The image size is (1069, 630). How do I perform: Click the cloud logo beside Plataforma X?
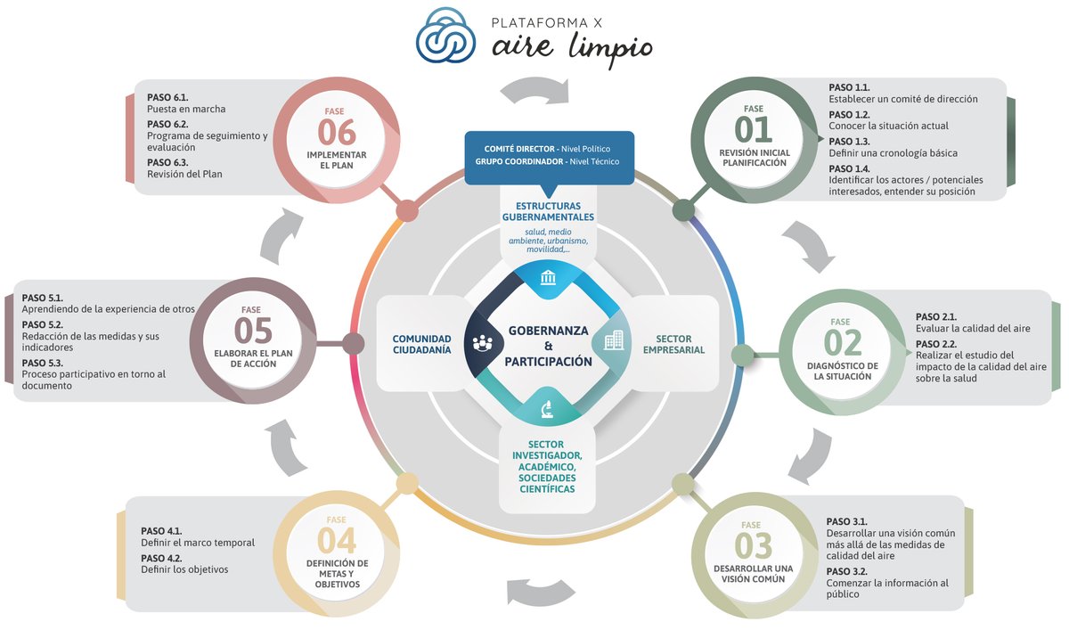pyautogui.click(x=447, y=37)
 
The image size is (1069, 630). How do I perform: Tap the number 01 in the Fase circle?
pyautogui.click(x=754, y=130)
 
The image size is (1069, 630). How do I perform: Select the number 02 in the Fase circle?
pyautogui.click(x=842, y=343)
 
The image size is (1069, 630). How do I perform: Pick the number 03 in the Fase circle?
pyautogui.click(x=754, y=544)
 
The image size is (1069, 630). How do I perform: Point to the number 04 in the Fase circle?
pyautogui.click(x=336, y=541)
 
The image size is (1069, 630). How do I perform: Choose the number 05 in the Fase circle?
pyautogui.click(x=253, y=331)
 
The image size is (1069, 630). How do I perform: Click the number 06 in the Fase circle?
pyautogui.click(x=336, y=133)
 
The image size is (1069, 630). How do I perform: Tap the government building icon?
pyautogui.click(x=548, y=279)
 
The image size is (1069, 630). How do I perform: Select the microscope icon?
pyautogui.click(x=548, y=409)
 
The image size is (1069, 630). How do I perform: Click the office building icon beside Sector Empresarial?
pyautogui.click(x=614, y=340)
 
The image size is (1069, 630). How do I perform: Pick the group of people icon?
pyautogui.click(x=483, y=342)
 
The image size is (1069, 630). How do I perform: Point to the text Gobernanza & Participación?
pyautogui.click(x=548, y=346)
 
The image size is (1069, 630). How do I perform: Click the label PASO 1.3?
pyautogui.click(x=849, y=141)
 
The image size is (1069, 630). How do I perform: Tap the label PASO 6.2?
pyautogui.click(x=167, y=124)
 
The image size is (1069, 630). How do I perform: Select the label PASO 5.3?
pyautogui.click(x=42, y=363)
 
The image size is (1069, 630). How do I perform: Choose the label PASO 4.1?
pyautogui.click(x=161, y=530)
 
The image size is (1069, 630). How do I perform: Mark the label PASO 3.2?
pyautogui.click(x=846, y=571)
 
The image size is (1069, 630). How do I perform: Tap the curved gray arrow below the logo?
pyautogui.click(x=534, y=89)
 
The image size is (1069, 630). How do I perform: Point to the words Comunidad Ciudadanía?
pyautogui.click(x=421, y=344)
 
